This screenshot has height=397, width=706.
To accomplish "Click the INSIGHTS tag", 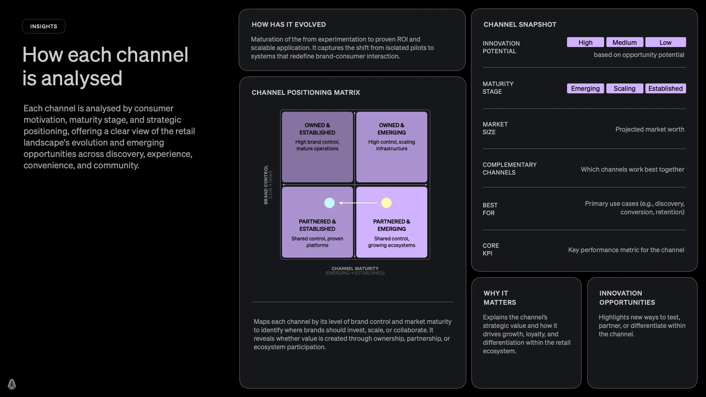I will (x=44, y=26).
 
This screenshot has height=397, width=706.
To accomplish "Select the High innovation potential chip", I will (x=585, y=42).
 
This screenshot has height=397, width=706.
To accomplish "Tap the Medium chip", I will (x=624, y=42).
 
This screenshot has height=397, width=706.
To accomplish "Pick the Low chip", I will (x=665, y=42).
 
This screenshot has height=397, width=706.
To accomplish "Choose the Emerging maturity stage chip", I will (x=585, y=89).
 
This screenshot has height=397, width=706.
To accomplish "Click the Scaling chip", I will (x=624, y=89).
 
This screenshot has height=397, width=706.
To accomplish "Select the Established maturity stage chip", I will (x=665, y=89).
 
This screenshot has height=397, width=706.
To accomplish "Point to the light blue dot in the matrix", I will (x=329, y=203).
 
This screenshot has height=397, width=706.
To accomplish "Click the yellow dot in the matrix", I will (x=386, y=203).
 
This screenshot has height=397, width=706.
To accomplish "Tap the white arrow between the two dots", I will (x=358, y=203).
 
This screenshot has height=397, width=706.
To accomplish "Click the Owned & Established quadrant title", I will (x=317, y=129).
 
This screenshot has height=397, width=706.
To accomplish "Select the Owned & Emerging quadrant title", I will (x=392, y=129).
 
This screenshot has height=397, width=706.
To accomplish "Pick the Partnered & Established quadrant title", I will (x=317, y=225).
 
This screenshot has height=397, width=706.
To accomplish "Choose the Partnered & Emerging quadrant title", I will (x=392, y=225).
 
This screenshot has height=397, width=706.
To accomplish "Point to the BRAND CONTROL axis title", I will (x=266, y=185).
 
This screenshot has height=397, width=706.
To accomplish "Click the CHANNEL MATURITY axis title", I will (x=355, y=269).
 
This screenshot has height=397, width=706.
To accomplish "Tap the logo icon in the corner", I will (x=12, y=384).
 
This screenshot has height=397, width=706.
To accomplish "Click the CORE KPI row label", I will (x=491, y=249).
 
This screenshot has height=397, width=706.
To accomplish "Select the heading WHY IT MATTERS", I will (x=500, y=298).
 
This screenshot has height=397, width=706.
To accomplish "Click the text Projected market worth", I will (x=650, y=129).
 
